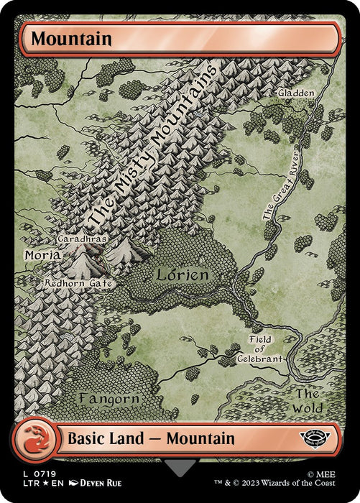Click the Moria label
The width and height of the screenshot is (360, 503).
42,255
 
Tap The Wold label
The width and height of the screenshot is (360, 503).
308,400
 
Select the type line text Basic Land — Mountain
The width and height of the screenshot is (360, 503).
151,438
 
